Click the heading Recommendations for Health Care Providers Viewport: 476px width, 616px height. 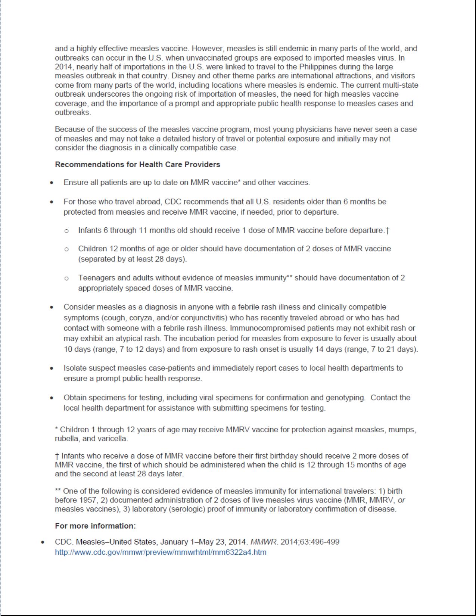137,165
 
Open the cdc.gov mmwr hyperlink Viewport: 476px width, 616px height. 161,552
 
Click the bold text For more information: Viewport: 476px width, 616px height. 95,526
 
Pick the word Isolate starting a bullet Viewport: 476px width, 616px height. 75,368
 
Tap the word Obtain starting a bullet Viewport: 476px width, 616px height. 75,398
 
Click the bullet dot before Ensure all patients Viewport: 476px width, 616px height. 52,183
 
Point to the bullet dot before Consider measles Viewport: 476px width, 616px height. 52,307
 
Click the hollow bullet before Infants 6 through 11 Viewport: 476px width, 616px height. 66,231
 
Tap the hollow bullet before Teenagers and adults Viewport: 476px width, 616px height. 66,278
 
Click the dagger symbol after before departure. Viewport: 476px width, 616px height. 388,231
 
